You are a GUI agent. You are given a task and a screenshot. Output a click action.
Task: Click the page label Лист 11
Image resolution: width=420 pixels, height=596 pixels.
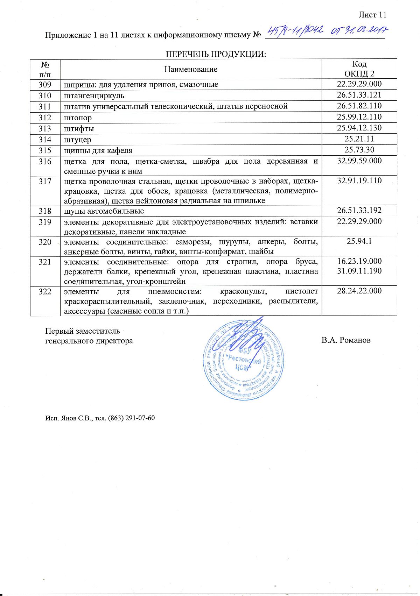coord(372,15)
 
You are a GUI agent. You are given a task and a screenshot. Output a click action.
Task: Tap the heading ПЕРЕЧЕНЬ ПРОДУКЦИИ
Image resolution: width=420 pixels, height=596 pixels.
coord(216,54)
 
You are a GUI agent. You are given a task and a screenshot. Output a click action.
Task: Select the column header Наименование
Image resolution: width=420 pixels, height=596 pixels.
coord(191,69)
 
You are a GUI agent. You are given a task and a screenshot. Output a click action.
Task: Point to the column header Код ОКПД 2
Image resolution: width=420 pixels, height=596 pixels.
coord(359,69)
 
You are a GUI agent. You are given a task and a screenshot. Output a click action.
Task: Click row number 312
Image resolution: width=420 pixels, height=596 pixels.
coord(45,118)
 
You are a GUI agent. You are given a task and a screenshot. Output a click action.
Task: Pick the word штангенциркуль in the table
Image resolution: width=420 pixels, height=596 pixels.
coord(94,95)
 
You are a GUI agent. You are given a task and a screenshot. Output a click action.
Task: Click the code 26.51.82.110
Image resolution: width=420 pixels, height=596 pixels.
coord(359,106)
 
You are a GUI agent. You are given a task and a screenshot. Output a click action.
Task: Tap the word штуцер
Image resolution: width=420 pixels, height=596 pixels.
coord(77,140)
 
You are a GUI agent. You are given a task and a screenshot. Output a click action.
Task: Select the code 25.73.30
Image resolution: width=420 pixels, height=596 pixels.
coord(359,150)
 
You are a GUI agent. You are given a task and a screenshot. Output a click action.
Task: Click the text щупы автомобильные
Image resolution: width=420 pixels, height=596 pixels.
coord(104,211)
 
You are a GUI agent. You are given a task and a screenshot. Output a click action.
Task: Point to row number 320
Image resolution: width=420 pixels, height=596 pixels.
coord(45,242)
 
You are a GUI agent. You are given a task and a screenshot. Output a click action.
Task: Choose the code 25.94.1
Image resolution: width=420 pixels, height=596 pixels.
coord(359,241)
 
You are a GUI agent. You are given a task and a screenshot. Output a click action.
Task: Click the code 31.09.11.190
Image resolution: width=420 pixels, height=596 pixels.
coord(359,271)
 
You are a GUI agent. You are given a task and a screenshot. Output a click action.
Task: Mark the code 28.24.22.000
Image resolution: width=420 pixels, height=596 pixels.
coord(359,291)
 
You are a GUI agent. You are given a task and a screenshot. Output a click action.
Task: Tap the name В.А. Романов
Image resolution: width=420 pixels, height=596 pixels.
coord(346,340)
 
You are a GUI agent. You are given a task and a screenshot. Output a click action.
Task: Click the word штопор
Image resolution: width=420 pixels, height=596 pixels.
coord(77,118)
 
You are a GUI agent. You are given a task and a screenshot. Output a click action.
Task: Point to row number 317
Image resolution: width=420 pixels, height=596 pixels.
coord(45,181)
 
